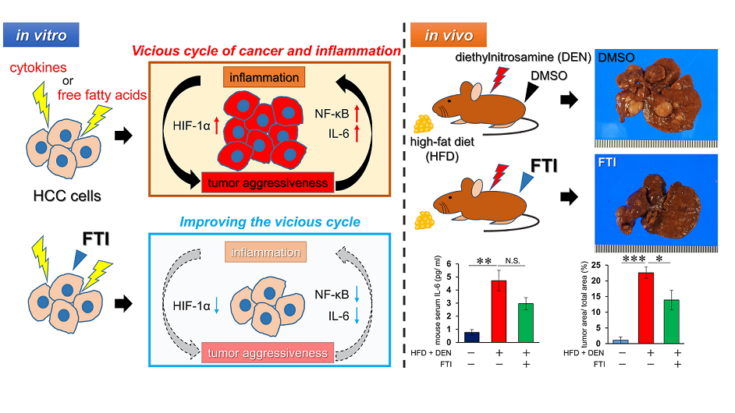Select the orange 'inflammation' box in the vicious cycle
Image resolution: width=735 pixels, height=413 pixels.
[263, 78]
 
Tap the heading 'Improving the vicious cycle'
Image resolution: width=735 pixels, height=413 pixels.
[270, 222]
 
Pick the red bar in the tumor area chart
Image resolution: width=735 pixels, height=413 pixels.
[645, 307]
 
